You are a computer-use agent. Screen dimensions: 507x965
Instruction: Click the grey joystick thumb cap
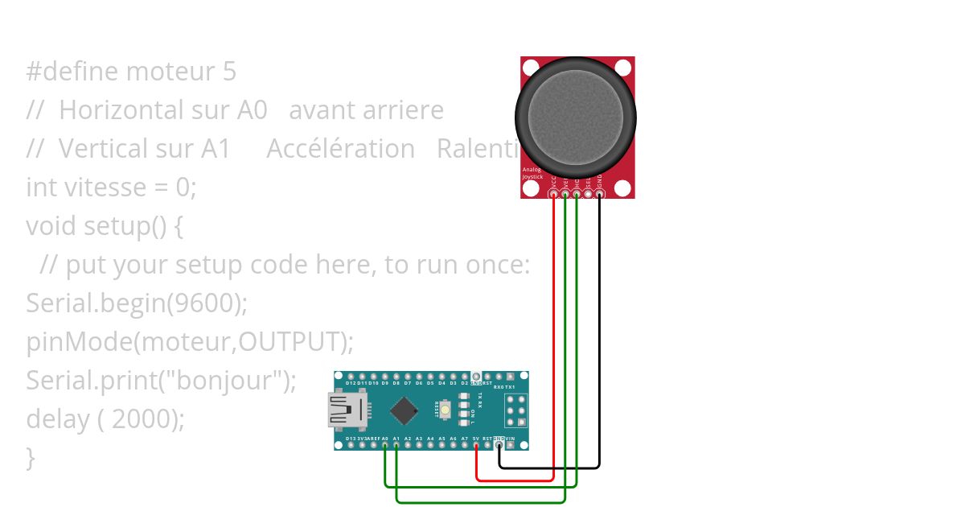576,117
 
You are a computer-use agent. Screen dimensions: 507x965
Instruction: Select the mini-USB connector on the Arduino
343,410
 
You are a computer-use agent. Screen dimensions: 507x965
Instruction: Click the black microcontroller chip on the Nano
404,411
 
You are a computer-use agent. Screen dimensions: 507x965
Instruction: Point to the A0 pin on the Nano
385,445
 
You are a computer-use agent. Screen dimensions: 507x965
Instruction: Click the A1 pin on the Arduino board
396,445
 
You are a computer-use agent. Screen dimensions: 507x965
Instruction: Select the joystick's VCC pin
553,194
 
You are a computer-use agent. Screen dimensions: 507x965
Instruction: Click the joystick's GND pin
600,194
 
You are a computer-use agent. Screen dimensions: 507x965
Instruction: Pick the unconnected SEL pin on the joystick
589,194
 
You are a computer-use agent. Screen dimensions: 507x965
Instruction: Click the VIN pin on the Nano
511,445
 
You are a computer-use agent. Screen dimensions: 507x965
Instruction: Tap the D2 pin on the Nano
465,377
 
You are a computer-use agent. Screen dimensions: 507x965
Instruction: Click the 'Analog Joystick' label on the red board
532,173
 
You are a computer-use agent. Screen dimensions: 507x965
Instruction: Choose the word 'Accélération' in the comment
340,149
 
